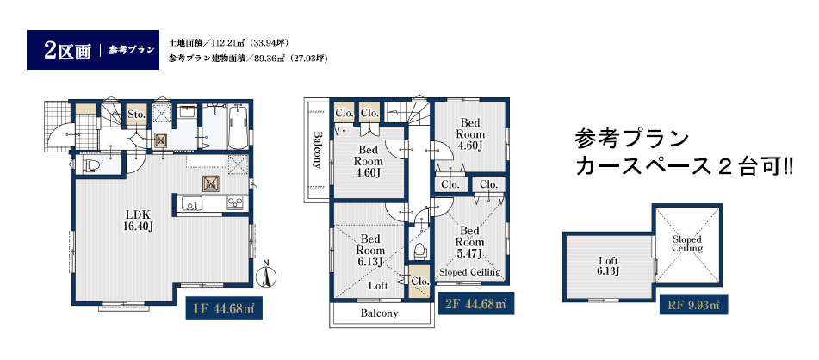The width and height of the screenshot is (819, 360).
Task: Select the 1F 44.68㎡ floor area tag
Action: coord(224,307)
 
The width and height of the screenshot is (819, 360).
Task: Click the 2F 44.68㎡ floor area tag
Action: coord(476,303)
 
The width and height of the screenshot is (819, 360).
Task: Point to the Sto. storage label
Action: coord(137,114)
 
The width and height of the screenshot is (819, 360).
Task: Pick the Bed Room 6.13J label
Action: coord(369,250)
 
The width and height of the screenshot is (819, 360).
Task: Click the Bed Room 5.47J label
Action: coord(469,242)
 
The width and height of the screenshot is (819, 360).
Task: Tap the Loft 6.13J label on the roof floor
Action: coord(609,265)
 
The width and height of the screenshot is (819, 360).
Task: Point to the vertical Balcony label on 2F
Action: coord(317,150)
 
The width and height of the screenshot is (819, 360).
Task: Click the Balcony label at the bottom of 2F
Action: coord(379,314)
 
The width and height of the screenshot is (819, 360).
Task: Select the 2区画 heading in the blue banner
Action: coord(67,50)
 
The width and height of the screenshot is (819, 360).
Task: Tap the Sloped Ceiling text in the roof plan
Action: coord(687,244)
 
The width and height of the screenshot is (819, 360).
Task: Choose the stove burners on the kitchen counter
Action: coord(233,202)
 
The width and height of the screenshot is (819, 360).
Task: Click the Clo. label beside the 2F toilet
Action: coord(420,281)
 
